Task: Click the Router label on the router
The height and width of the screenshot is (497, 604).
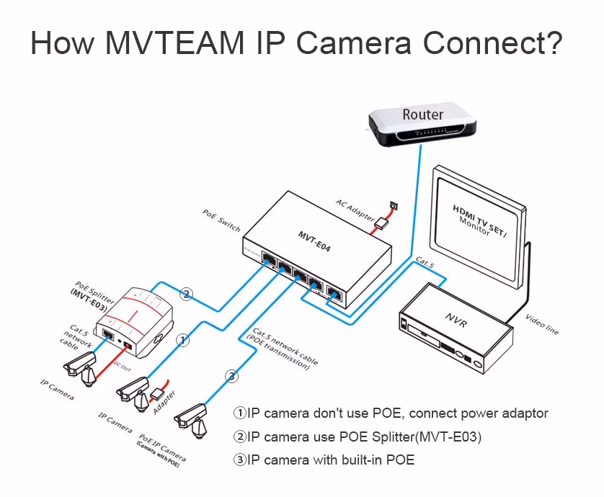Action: point(422,114)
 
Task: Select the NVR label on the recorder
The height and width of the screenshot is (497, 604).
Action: point(457,319)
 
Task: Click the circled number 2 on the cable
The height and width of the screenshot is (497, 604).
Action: point(187,294)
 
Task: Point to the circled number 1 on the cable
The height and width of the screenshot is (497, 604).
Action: point(185,339)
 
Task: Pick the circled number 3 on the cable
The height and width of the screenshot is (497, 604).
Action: point(231,375)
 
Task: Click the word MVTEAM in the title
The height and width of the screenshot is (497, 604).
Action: point(174,43)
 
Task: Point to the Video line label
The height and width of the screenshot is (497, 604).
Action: point(542,324)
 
